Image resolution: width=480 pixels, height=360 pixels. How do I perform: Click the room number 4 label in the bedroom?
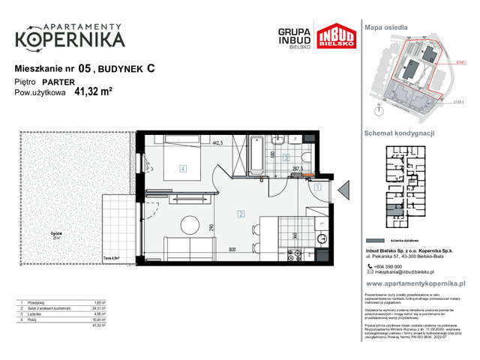tap(182, 169)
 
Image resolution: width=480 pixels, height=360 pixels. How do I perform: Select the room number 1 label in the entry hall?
tap(317, 187)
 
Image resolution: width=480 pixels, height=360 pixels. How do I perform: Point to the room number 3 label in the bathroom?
tap(286, 158)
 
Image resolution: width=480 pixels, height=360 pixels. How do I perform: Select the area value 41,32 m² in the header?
tap(93, 93)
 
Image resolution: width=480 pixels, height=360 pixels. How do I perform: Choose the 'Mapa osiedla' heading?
tap(386, 26)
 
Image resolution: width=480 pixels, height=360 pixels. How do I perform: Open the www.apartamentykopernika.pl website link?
tap(415, 284)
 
